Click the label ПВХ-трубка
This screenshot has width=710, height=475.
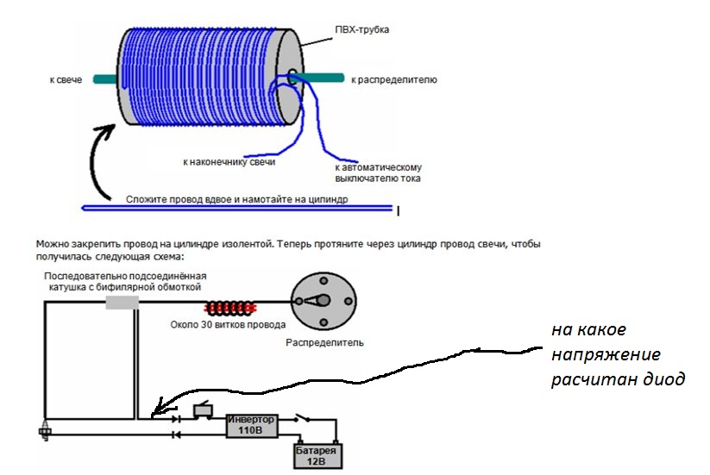(361, 30)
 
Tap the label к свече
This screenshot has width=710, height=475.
(66, 80)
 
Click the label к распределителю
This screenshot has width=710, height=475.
(394, 80)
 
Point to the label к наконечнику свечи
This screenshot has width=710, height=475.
(229, 162)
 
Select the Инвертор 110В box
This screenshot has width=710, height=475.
(252, 425)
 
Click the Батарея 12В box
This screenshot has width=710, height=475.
(317, 456)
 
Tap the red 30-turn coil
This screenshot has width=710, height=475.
(230, 309)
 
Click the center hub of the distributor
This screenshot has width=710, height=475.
(324, 300)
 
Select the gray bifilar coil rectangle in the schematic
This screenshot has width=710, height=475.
(123, 303)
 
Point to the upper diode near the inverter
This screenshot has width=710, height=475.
(176, 419)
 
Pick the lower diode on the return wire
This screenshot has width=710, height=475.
(176, 435)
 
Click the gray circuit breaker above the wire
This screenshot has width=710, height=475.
(203, 409)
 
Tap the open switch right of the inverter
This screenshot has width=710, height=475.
(302, 418)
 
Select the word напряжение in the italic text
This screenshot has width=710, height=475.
(606, 354)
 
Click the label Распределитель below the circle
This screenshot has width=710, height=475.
(324, 342)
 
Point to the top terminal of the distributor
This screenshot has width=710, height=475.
(324, 280)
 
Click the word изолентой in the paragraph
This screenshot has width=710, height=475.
(248, 244)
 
